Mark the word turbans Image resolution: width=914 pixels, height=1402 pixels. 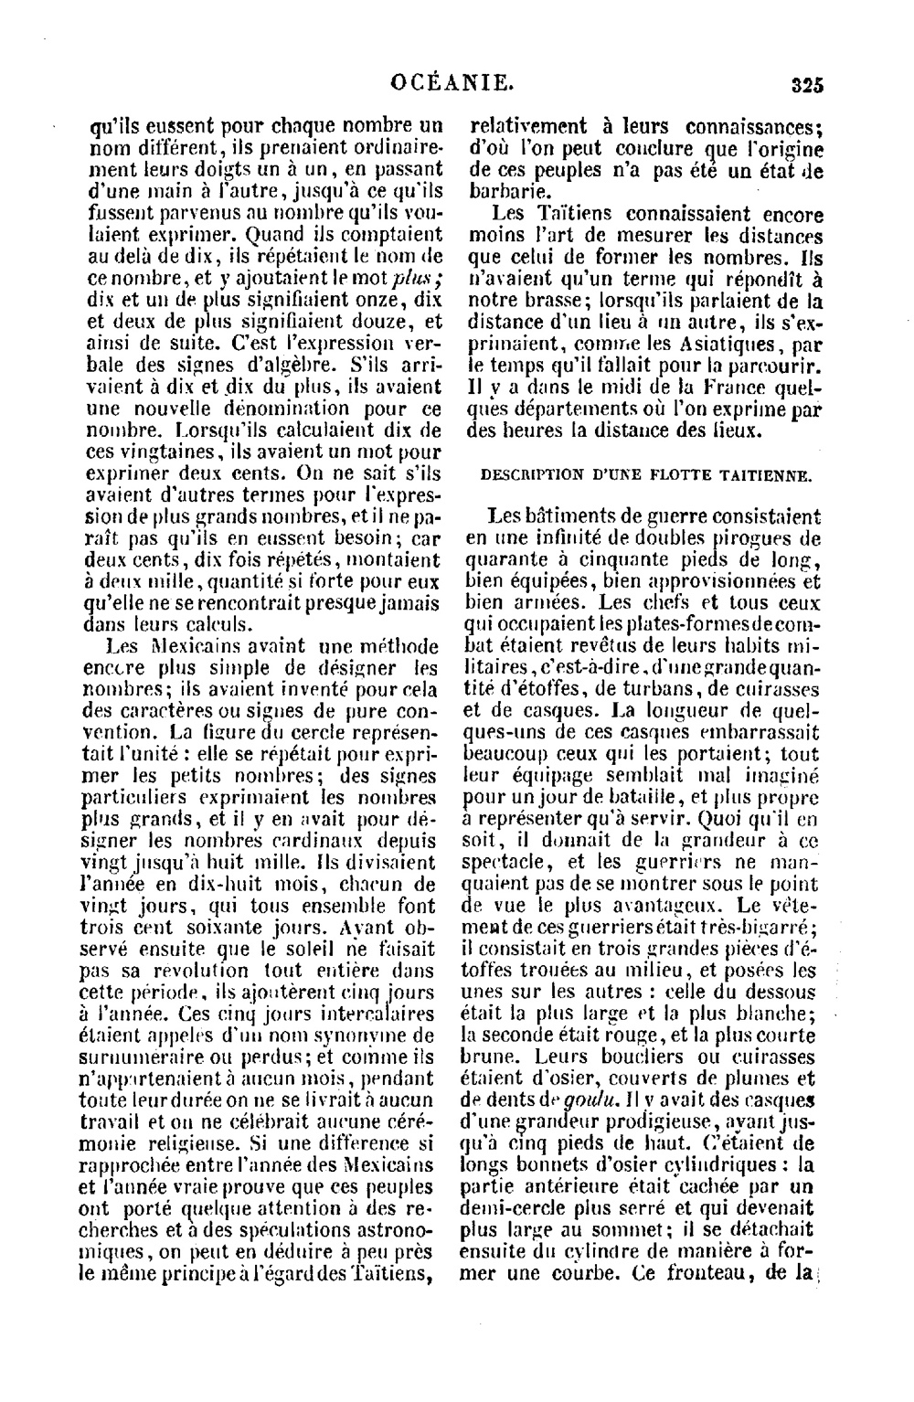click(x=666, y=686)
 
